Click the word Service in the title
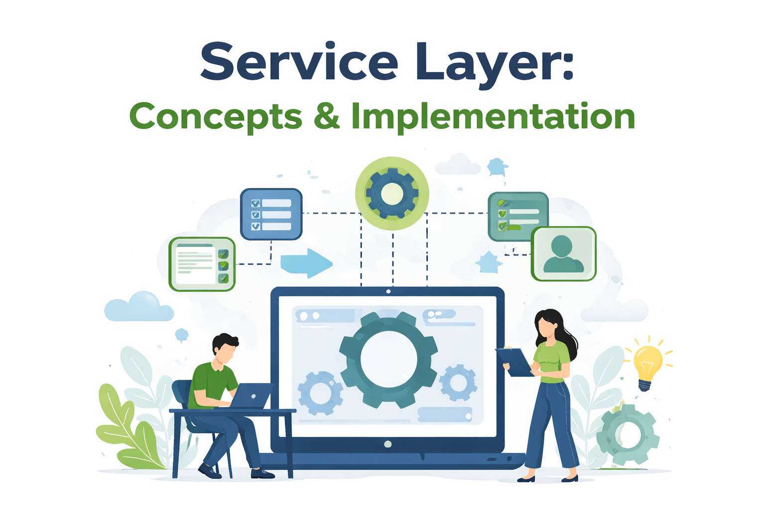299,62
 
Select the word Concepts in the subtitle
215,117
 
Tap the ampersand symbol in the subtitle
326,117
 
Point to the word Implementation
493,117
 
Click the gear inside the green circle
392,194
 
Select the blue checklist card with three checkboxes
271,214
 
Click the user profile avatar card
563,254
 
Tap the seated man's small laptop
252,395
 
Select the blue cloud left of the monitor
139,307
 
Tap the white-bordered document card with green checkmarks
202,264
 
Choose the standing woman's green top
552,362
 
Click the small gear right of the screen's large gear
458,382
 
